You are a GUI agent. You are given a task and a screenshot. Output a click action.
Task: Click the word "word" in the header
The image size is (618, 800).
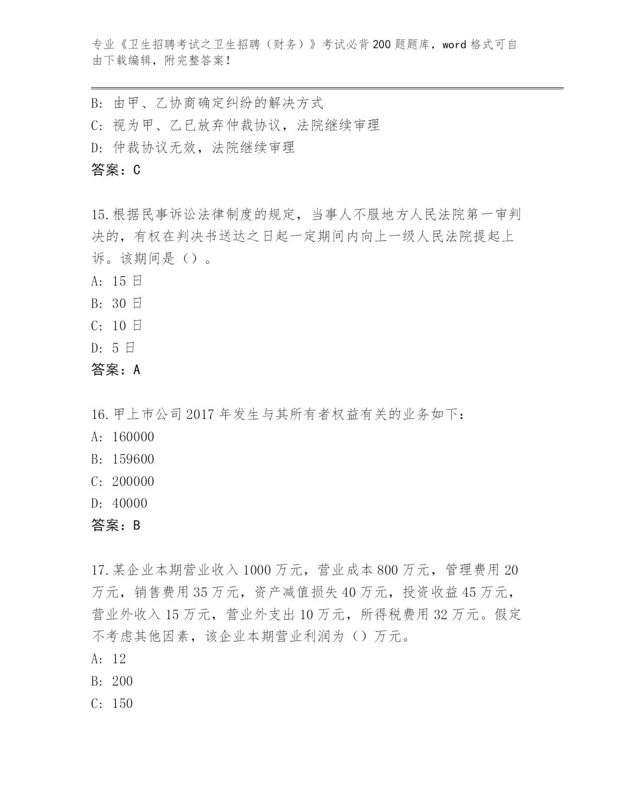tap(454, 45)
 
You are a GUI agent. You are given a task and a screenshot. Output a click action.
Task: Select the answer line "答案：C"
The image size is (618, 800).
tap(116, 170)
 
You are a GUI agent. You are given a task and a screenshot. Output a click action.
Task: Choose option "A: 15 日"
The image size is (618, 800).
tap(116, 281)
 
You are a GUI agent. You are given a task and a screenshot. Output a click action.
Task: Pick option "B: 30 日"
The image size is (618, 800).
tap(116, 304)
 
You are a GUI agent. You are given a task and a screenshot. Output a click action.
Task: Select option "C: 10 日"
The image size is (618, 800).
tap(116, 326)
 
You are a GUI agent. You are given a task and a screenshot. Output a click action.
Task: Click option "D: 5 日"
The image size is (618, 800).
tap(113, 348)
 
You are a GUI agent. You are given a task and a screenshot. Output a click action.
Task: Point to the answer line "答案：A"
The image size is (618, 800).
tap(116, 370)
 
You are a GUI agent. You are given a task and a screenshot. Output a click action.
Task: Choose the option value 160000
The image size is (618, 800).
tap(133, 437)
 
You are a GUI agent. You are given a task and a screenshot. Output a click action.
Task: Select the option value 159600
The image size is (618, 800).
tap(133, 459)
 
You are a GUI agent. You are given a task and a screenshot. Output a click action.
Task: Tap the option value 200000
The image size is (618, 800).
tap(133, 481)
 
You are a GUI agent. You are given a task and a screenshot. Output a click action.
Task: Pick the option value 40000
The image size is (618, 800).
tap(129, 503)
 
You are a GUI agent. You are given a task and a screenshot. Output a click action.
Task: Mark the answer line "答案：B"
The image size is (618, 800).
tap(116, 525)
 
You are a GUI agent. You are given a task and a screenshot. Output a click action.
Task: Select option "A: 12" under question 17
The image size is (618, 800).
tap(109, 659)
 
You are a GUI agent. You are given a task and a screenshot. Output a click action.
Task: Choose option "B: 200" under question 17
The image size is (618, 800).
tap(112, 681)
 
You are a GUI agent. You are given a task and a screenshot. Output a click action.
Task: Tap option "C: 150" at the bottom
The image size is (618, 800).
tap(112, 704)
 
